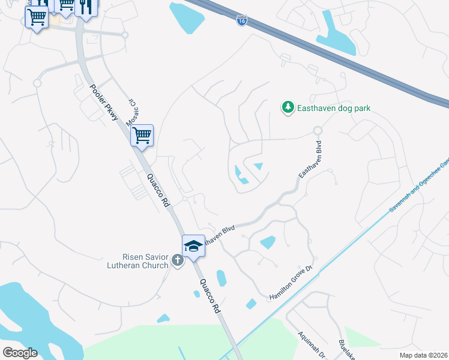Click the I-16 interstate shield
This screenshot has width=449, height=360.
241,21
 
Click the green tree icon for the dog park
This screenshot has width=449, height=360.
288,107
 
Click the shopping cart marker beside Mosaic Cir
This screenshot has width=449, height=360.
142,136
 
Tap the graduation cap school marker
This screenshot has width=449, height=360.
193,246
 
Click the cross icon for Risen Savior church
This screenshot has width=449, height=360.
177,260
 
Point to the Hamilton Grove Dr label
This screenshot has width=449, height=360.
292,280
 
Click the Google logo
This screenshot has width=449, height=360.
20,353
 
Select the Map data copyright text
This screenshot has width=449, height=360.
424,355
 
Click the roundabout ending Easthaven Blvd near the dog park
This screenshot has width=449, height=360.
318,130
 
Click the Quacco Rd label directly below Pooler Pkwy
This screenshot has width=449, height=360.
158,190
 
